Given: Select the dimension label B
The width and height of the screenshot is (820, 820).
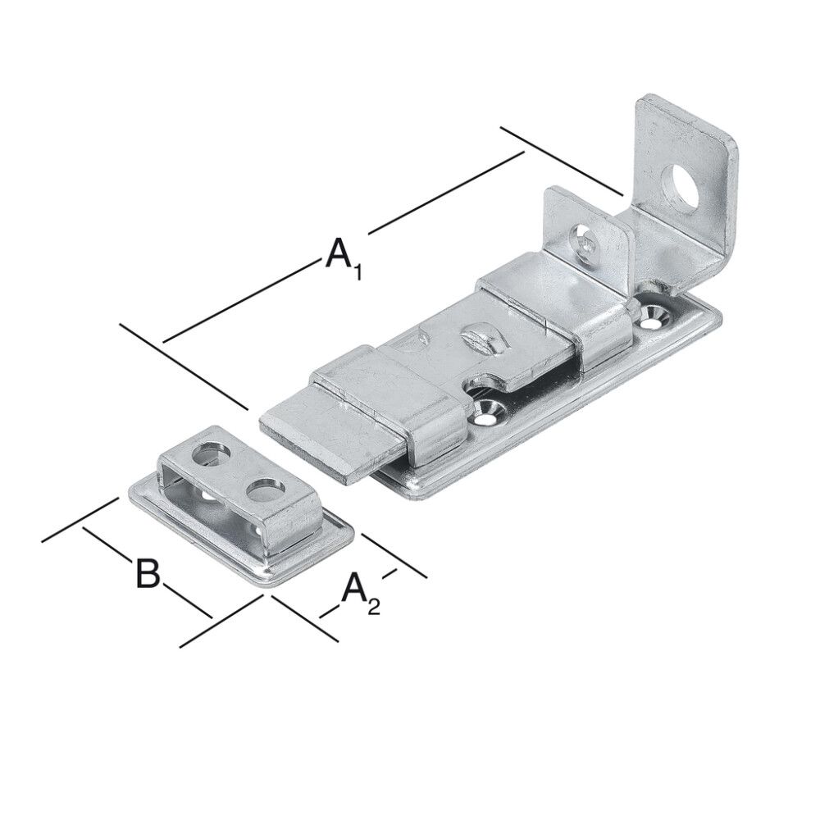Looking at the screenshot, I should pyautogui.click(x=147, y=573).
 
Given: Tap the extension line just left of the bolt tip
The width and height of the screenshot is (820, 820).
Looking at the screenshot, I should pyautogui.click(x=184, y=365).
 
